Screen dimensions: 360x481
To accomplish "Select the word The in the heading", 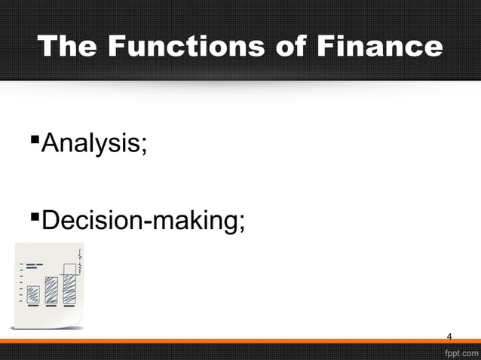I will click(70, 47).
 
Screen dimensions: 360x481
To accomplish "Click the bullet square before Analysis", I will click(34, 139).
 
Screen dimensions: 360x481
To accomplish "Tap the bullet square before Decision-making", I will click(34, 218).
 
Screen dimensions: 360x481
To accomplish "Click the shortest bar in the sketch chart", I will click(34, 294).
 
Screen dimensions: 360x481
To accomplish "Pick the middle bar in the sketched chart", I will click(51, 290).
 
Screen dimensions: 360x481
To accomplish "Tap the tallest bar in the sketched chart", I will click(69, 288).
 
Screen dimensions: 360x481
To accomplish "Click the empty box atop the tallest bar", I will click(70, 269).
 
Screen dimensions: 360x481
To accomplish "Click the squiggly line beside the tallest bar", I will click(80, 264).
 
